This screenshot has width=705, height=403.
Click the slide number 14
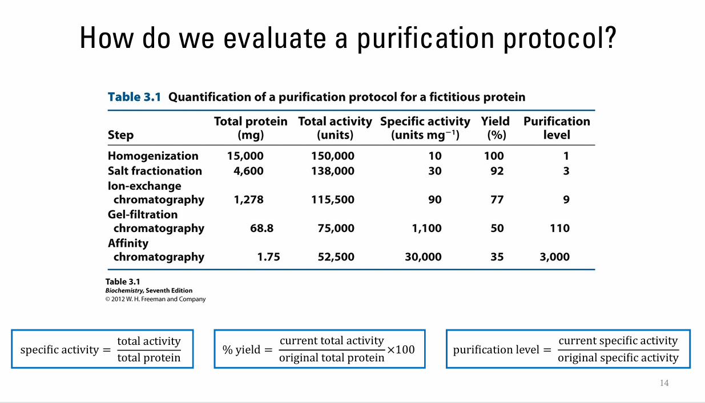pos(664,383)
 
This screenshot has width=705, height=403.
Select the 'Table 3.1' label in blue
pos(134,97)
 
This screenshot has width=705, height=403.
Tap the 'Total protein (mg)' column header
pos(250,128)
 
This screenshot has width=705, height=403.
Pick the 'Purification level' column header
pos(557,128)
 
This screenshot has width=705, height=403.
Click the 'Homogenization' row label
pos(153,156)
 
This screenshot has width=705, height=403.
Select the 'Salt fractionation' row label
pos(155,171)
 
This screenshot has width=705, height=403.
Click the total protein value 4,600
pos(248,171)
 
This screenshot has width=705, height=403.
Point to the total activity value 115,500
pos(332,200)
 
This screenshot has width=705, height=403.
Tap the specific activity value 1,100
pos(426,228)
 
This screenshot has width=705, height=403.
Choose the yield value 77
pos(497,200)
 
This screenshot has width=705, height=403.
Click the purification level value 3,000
pos(554,257)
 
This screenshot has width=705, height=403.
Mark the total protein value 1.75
pos(268,257)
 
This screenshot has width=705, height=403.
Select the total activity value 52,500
pos(336,257)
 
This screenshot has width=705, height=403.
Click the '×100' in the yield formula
pos(401,349)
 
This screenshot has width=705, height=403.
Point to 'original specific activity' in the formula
pos(618,359)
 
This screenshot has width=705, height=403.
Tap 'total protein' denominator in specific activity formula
pos(149,358)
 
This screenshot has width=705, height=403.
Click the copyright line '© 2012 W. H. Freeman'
pos(155,299)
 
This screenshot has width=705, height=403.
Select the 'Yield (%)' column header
pos(495,128)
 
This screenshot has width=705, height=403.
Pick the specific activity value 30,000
pos(423,257)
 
